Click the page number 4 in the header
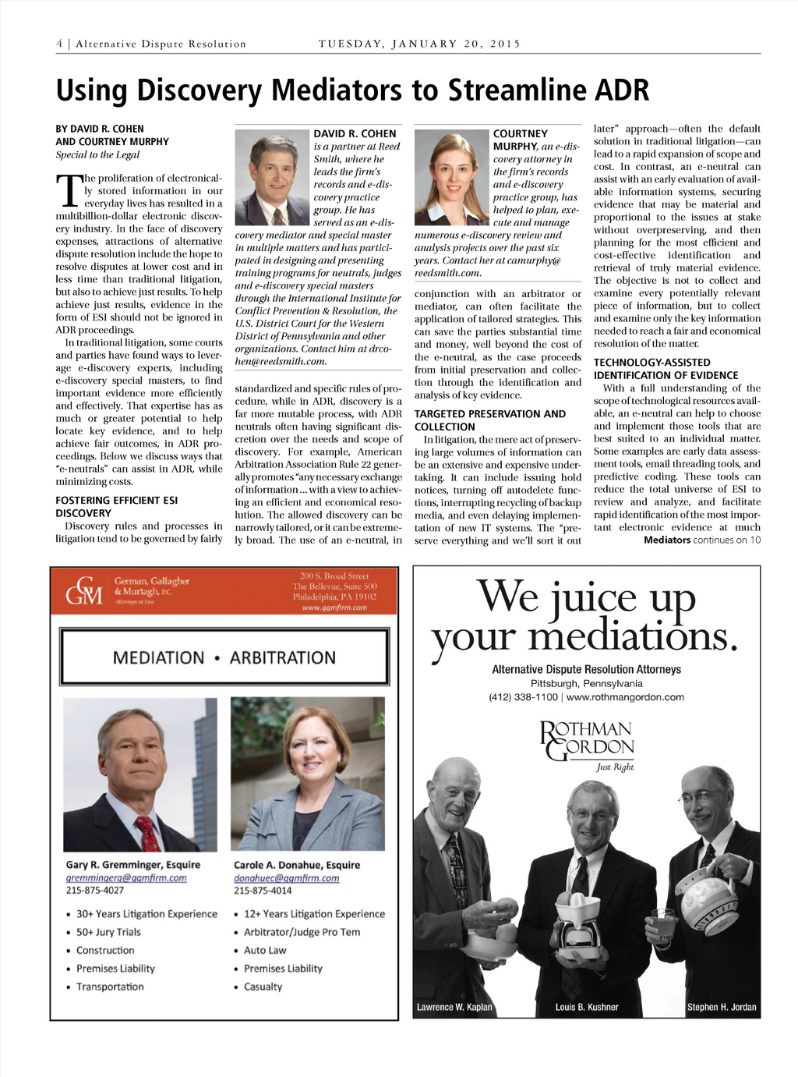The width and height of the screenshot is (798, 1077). tap(59, 44)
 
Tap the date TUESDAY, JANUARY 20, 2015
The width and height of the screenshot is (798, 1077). tap(419, 44)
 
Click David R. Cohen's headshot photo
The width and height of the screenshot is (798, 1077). tap(272, 177)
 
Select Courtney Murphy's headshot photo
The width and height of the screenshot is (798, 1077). tap(451, 177)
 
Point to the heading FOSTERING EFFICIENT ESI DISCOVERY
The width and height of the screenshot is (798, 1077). tap(116, 507)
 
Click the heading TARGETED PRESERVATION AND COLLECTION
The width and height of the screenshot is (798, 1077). tap(489, 420)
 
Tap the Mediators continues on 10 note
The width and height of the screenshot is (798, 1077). tap(701, 540)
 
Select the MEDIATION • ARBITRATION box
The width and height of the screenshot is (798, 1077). tap(224, 657)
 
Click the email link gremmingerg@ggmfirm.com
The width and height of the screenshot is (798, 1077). tap(126, 878)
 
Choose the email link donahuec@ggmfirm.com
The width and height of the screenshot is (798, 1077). tap(286, 878)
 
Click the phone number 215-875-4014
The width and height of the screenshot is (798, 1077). tap(263, 891)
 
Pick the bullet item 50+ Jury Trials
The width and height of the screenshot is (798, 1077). tap(108, 932)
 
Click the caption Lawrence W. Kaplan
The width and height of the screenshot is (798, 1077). tap(454, 1007)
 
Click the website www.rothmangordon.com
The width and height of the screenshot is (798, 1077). tap(625, 697)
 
